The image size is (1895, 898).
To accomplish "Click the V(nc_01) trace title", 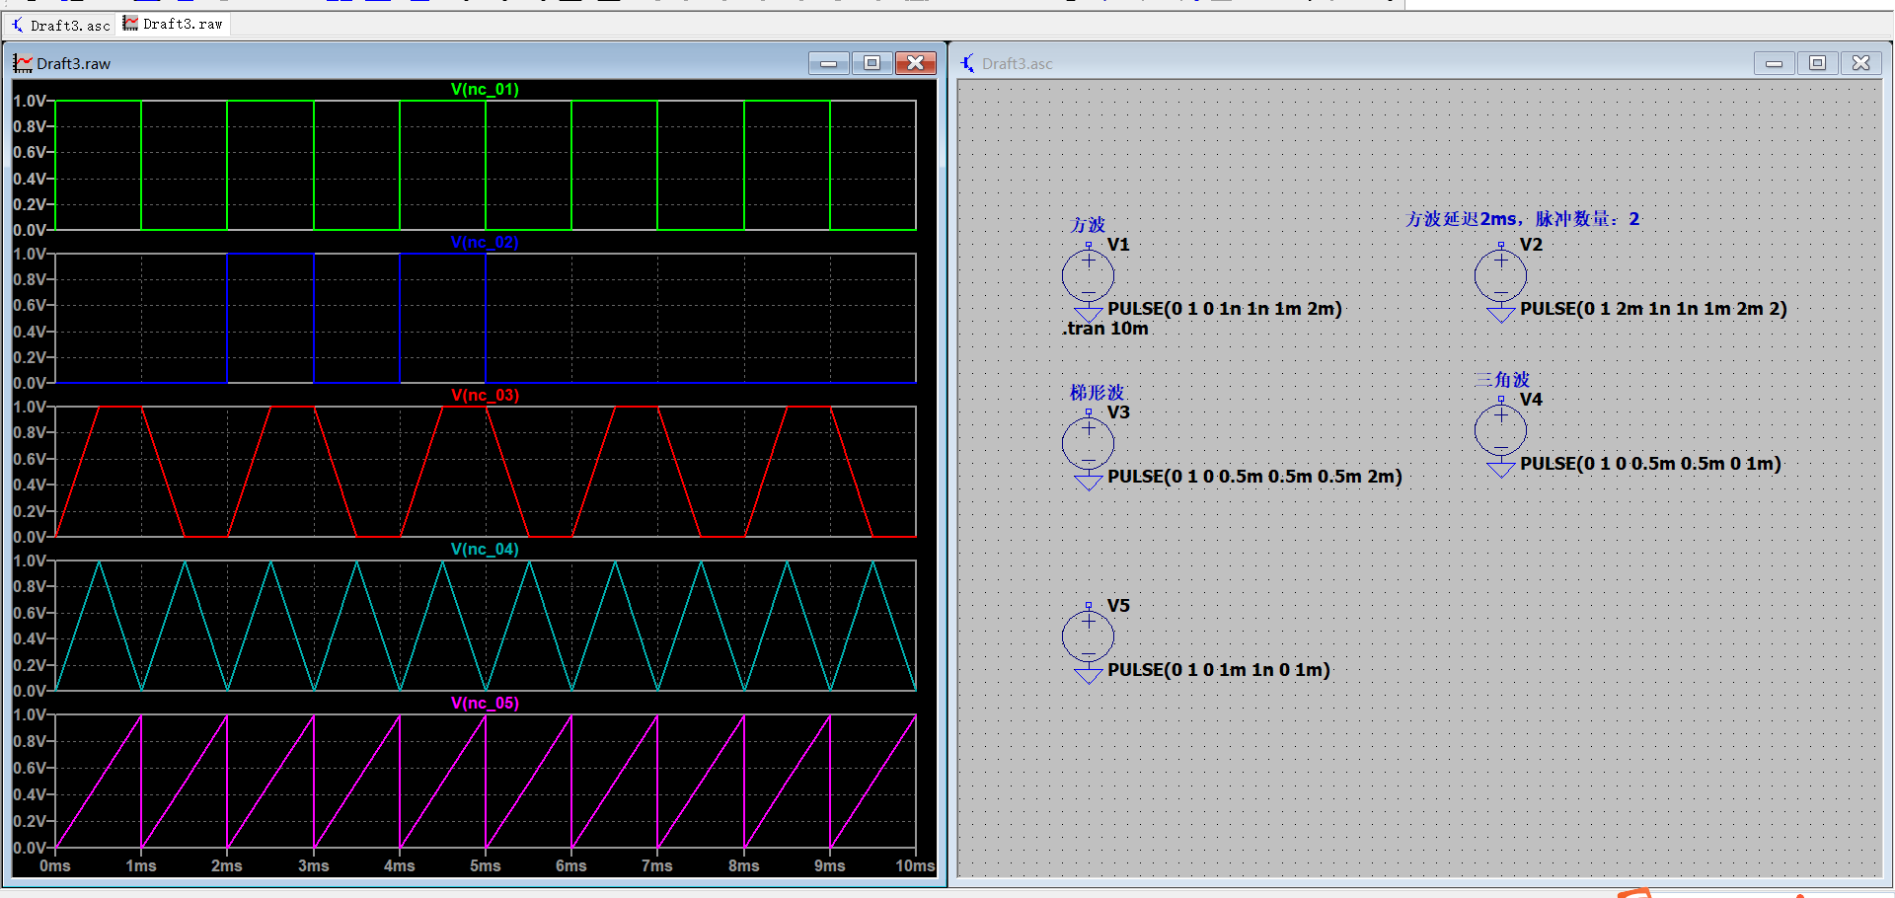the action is (485, 89).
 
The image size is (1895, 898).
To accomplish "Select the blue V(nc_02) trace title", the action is (485, 242).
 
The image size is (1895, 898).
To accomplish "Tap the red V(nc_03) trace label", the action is (485, 395).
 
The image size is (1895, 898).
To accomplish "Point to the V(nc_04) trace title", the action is (485, 549).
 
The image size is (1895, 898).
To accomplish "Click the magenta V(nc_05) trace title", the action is (485, 703).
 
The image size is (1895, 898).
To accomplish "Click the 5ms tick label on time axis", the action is (485, 865).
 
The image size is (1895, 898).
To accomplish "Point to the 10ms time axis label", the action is (915, 865).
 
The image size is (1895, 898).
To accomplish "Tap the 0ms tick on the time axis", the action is (55, 865).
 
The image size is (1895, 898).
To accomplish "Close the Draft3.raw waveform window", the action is (916, 63).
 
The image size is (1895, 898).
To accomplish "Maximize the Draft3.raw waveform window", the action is (872, 63).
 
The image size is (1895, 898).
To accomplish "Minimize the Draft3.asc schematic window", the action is (1774, 63).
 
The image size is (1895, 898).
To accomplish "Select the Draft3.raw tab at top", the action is (174, 24).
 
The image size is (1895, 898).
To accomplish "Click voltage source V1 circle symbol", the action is (1088, 275).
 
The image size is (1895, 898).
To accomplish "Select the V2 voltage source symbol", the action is (1500, 275).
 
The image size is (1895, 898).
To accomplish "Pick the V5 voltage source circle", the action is (1088, 636).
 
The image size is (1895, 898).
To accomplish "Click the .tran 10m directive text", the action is (1105, 329).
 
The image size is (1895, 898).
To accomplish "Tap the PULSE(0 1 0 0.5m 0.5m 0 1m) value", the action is (1650, 464).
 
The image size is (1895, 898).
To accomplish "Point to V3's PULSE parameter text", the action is (1254, 477).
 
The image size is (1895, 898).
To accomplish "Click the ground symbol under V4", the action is (1500, 469).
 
